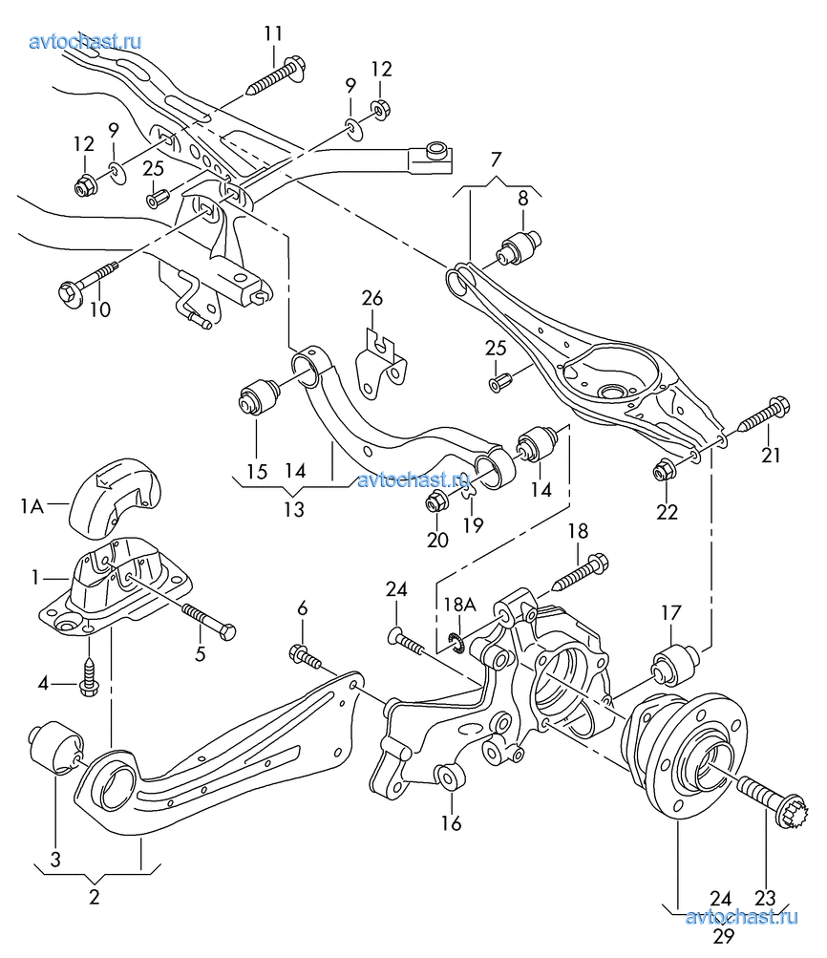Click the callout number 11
(274, 33)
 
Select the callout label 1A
(32, 507)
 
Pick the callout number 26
(371, 299)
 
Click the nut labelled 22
(662, 471)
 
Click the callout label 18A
(459, 604)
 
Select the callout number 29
(723, 935)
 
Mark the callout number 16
(451, 822)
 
